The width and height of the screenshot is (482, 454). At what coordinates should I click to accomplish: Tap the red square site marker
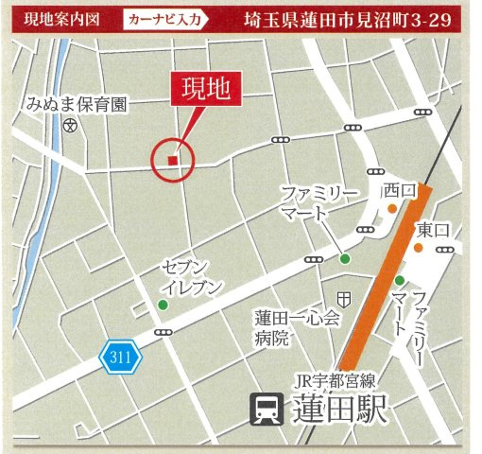click(x=172, y=161)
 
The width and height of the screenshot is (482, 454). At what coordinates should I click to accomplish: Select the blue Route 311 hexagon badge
click(x=120, y=357)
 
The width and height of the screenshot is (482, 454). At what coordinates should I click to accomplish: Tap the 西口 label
click(x=400, y=192)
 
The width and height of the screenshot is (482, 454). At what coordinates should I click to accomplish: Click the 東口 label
click(x=432, y=230)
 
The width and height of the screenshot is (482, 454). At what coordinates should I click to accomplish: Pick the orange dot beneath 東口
click(x=417, y=248)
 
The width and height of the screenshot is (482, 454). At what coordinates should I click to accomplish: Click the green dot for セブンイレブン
click(x=164, y=305)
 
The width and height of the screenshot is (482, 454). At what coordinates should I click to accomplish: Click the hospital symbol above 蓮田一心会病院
click(x=344, y=298)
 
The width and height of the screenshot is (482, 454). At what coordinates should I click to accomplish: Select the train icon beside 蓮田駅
click(x=263, y=410)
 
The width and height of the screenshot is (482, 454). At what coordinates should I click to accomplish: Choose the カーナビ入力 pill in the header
click(x=174, y=18)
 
